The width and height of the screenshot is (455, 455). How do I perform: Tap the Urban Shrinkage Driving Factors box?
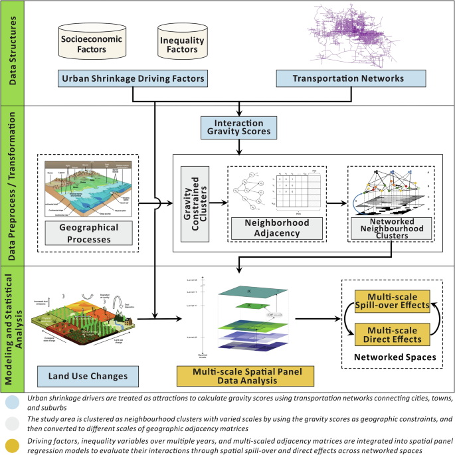pos(133,79)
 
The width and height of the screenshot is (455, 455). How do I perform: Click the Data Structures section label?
pos(11,52)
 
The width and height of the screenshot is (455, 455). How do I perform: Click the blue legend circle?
pos(11,401)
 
